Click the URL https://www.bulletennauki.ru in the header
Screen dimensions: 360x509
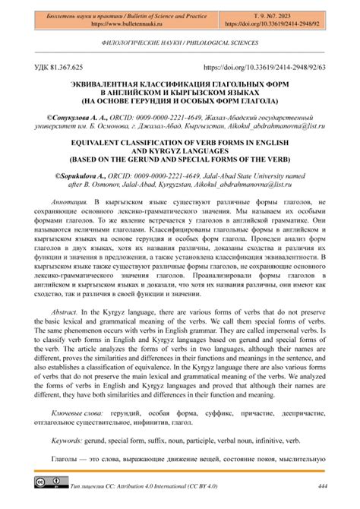pyautogui.click(x=118, y=24)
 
